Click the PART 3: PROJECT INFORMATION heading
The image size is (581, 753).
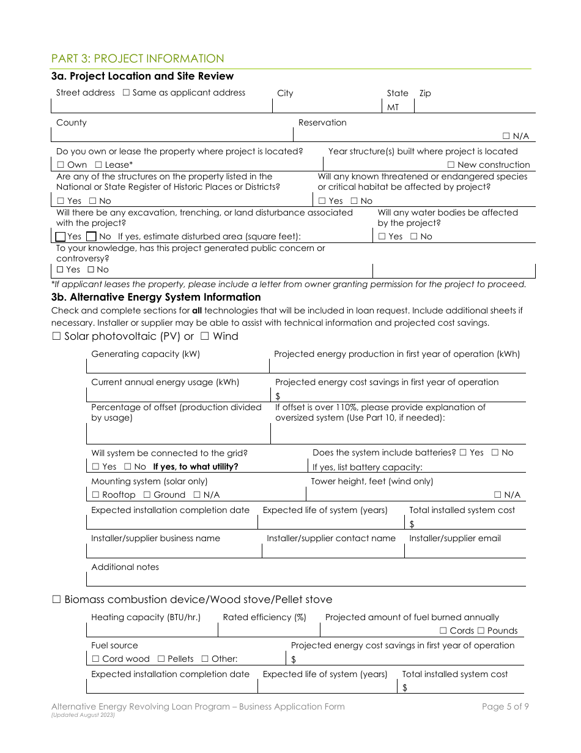coord(138,59)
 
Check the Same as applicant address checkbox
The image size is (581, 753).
coord(126,93)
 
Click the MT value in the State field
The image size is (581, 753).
coord(393,107)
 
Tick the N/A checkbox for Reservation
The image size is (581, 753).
coord(507,136)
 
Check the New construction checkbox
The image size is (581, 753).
coord(451,165)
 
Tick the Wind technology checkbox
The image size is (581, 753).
coord(205,337)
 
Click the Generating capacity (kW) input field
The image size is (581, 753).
coord(177,366)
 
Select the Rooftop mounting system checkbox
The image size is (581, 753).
coord(96,495)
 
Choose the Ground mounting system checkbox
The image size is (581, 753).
coord(147,495)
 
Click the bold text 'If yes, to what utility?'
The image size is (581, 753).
coord(195,466)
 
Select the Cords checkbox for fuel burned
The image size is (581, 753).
coord(443,631)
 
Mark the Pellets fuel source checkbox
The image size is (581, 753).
coord(161,659)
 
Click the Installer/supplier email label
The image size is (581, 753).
coord(454,539)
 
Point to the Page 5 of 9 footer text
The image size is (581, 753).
coord(505,706)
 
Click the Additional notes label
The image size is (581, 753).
coord(125,567)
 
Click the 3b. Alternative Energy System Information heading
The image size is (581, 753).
coord(156,297)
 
